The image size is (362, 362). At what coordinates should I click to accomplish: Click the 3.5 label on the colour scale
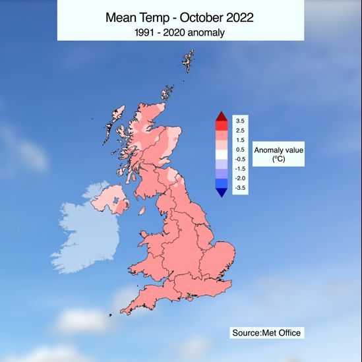tap(239, 121)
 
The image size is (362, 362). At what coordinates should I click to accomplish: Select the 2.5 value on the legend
tap(239, 131)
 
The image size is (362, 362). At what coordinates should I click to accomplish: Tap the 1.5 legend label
tap(239, 140)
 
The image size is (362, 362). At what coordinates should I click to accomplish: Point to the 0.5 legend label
tap(239, 150)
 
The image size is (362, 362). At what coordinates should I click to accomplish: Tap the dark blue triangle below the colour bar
tap(221, 192)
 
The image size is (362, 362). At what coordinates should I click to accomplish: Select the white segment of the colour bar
tap(221, 154)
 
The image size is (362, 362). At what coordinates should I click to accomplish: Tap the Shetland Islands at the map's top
tap(188, 62)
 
